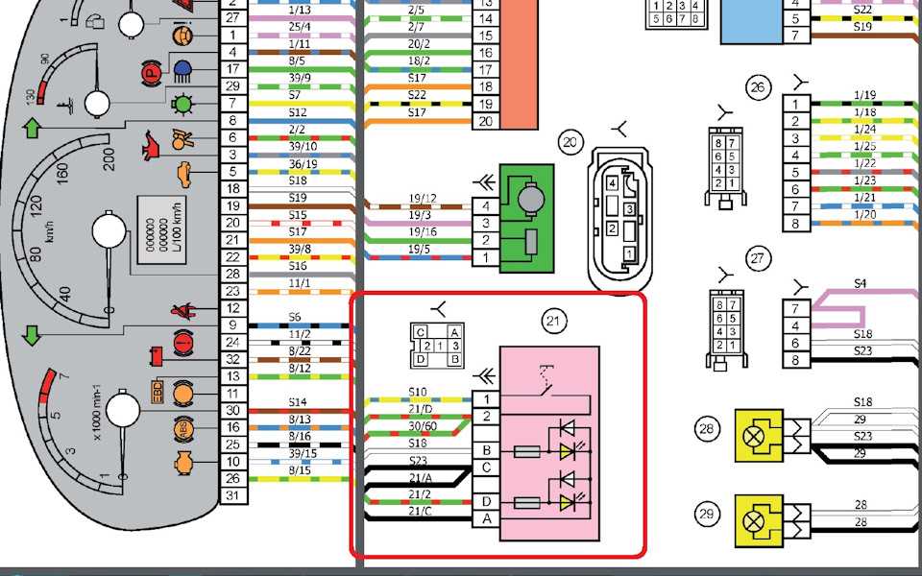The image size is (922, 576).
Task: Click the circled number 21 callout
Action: [x=553, y=321]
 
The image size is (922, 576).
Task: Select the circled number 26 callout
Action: [x=758, y=87]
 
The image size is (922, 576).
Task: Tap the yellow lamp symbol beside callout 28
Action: [x=759, y=436]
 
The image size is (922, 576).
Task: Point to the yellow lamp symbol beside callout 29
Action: [x=759, y=521]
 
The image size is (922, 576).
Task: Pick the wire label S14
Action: [x=298, y=402]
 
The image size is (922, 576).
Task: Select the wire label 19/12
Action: [x=423, y=199]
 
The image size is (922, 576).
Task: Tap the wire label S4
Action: [x=861, y=284]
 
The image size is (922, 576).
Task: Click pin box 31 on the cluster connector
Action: [x=233, y=495]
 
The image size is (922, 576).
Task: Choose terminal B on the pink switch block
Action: [x=486, y=451]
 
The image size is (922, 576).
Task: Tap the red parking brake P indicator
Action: [x=150, y=73]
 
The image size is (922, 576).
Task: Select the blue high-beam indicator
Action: [x=182, y=72]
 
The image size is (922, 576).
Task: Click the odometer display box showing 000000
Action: [x=161, y=229]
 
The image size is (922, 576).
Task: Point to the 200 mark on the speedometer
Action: [x=109, y=159]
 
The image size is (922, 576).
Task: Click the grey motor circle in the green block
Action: [x=531, y=198]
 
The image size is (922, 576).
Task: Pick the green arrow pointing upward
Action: [x=32, y=128]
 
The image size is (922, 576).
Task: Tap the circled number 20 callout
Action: [x=570, y=142]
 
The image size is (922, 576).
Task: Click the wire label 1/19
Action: [x=865, y=95]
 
